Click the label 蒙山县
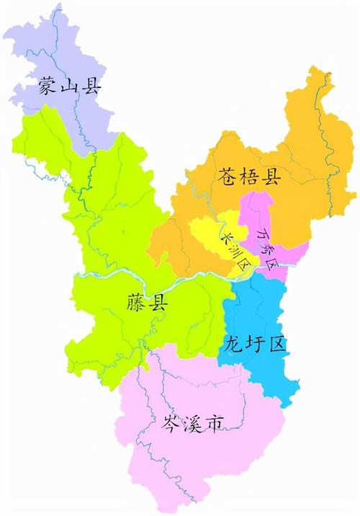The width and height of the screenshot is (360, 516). point(71,89)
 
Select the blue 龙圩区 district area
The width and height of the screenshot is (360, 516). point(259,310)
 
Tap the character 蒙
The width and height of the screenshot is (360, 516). point(49,89)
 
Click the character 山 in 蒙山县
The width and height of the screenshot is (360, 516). point(71,89)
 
